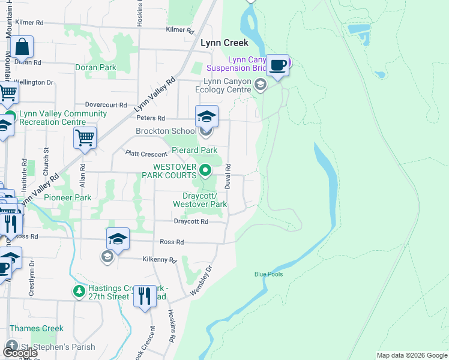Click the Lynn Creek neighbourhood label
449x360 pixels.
point(224,43)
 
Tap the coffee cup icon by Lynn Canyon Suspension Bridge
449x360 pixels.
point(277,64)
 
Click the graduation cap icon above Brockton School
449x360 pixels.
point(206,116)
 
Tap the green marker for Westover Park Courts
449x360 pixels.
point(205,171)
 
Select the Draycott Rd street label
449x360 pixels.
point(191,221)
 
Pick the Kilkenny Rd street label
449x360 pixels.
point(160,260)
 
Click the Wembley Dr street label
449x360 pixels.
point(201,280)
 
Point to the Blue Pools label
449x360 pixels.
point(268,274)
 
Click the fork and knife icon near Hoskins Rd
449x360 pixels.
point(145,296)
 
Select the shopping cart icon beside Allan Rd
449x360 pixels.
point(85,137)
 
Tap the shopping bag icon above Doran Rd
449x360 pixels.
point(22,47)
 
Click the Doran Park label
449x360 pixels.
point(96,68)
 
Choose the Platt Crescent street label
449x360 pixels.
point(146,155)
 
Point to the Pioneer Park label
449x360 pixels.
point(71,197)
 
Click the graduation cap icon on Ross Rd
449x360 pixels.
point(118,239)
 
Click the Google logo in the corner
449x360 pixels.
point(20,353)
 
